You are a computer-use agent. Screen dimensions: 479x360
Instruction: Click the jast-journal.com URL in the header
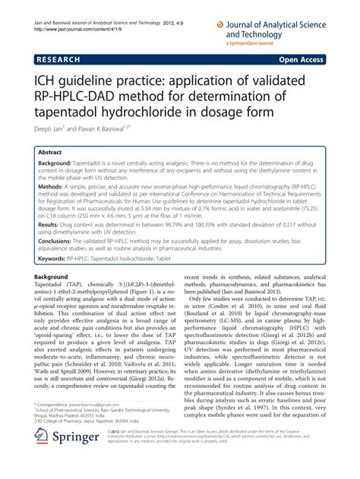pyautogui.click(x=75, y=32)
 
